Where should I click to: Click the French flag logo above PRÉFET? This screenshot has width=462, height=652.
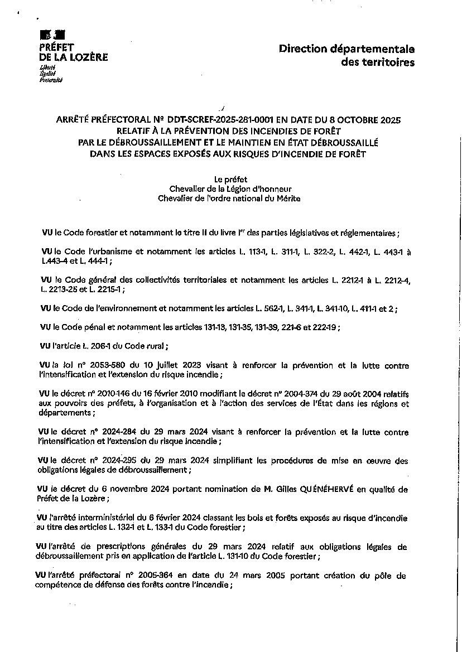pos(52,35)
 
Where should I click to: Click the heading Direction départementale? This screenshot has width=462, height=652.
pos(346,49)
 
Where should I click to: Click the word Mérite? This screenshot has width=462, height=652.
pos(287,199)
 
